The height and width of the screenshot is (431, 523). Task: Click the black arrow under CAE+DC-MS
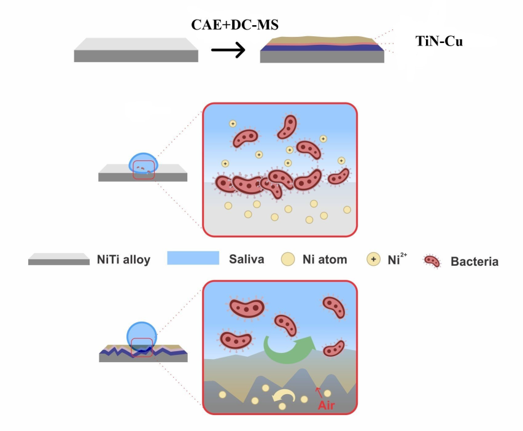pyautogui.click(x=228, y=51)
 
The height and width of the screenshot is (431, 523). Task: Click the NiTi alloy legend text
pyautogui.click(x=123, y=260)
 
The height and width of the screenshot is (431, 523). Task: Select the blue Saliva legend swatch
pyautogui.click(x=193, y=258)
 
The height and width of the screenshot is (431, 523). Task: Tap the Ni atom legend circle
pyautogui.click(x=289, y=259)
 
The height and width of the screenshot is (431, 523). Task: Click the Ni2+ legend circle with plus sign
pyautogui.click(x=374, y=259)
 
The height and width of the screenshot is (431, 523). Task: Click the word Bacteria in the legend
pyautogui.click(x=474, y=262)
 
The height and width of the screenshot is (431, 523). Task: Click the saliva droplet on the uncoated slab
pyautogui.click(x=143, y=163)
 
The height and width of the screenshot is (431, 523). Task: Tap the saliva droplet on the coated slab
pyautogui.click(x=142, y=335)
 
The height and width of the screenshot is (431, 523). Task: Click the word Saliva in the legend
pyautogui.click(x=246, y=259)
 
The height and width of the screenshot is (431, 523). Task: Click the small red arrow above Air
pyautogui.click(x=317, y=390)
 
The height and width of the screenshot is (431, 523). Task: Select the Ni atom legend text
pyautogui.click(x=325, y=259)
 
